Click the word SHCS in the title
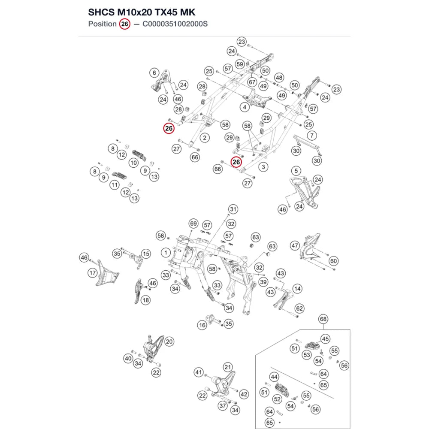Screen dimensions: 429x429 point(101,12)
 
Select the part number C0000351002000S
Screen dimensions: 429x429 point(175,24)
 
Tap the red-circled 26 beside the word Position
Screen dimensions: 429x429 point(125,24)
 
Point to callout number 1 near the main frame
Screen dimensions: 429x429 point(166,252)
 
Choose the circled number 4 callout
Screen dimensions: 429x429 point(245,107)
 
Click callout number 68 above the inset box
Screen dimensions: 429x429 point(323,319)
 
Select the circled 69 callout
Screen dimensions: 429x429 point(193,224)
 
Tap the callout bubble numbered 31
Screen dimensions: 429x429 point(233,209)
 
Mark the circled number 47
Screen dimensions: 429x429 point(295,246)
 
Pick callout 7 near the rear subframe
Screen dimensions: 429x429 point(312,136)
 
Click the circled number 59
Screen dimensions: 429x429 point(240,64)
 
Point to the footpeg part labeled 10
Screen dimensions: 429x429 point(139,155)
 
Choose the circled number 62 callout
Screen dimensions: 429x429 point(299,308)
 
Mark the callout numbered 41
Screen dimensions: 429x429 point(199,372)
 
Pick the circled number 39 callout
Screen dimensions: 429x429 point(263,282)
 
